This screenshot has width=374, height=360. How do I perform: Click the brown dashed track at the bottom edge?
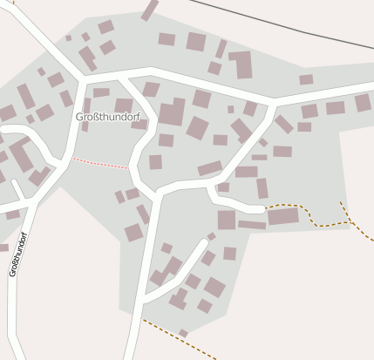point(179,340)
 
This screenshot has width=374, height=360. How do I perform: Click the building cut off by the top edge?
point(150,10)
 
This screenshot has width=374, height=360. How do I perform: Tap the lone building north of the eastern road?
point(306,79)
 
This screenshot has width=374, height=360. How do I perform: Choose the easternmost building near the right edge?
point(363,103)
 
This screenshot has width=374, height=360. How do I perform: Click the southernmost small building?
point(183,333)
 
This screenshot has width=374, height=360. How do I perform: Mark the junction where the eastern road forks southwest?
point(273,103)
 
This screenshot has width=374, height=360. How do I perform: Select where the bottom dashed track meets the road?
point(142,320)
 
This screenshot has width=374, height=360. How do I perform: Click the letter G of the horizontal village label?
point(79,117)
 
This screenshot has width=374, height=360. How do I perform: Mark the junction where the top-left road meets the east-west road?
point(80,80)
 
